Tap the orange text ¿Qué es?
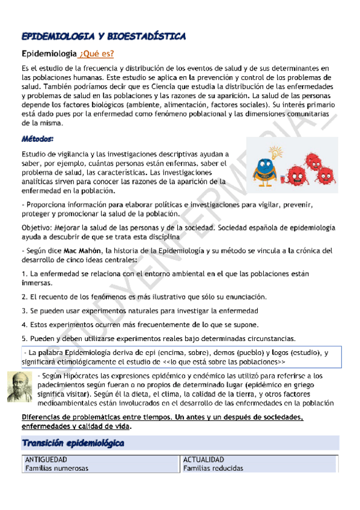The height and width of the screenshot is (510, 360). (96, 54)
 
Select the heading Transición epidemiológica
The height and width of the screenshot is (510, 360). (73, 443)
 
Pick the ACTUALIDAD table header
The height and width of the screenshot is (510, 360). (204, 459)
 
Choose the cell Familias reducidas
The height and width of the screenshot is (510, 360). (213, 468)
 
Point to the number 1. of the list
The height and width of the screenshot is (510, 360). (24, 274)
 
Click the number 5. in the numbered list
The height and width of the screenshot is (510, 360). (24, 338)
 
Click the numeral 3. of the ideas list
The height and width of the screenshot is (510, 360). (24, 312)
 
